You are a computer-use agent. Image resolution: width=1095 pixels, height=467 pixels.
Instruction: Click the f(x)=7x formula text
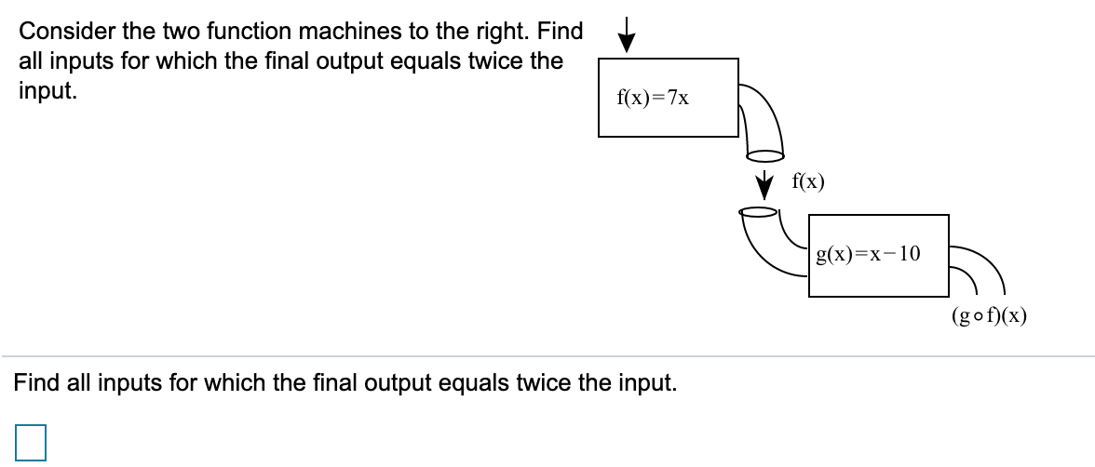(x=653, y=97)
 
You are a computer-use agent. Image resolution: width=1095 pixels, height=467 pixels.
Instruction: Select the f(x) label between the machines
(x=806, y=182)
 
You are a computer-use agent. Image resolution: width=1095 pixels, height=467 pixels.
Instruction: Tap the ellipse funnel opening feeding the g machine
(x=759, y=212)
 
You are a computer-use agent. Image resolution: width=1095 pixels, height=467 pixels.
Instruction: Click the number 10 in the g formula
(x=908, y=252)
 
